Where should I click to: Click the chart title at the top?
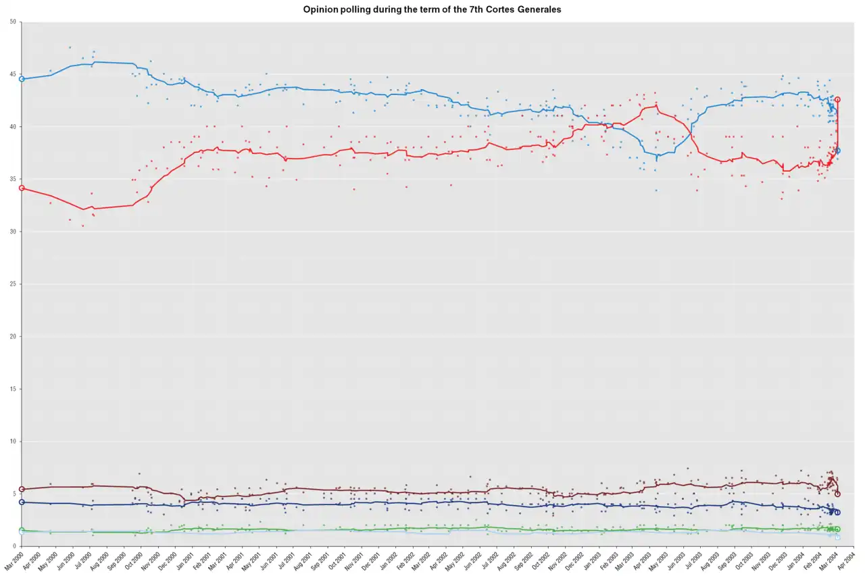coord(432,9)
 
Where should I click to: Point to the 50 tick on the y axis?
coord(14,22)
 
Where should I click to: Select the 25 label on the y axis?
coord(14,284)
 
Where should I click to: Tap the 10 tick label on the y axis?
coord(14,442)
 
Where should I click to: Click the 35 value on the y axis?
coord(14,180)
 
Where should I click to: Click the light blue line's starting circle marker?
coord(22,79)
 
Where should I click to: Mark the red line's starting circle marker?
coord(22,188)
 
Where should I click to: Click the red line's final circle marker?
coord(838,99)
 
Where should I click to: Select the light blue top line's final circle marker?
coord(838,151)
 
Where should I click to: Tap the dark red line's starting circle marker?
coord(22,489)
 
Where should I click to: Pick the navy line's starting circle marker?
coord(22,502)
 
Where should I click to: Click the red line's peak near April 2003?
coord(656,105)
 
